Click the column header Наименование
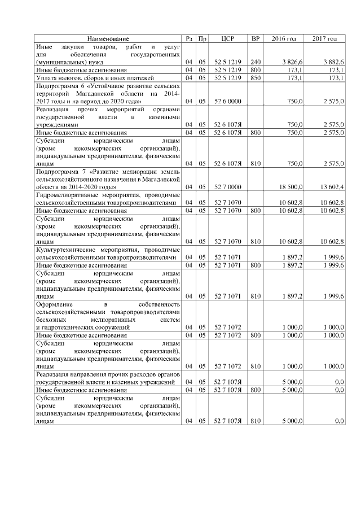point(108,38)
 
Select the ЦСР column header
point(228,38)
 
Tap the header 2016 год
point(283,38)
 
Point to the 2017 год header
point(324,38)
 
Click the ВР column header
point(255,38)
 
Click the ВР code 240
point(256,61)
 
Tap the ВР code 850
point(256,77)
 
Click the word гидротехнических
point(71,327)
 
